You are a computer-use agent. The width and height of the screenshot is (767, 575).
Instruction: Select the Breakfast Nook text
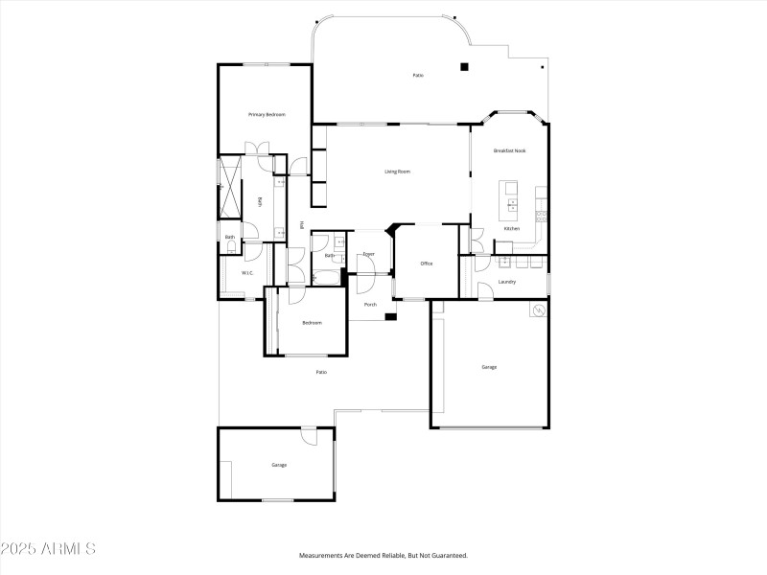(509, 150)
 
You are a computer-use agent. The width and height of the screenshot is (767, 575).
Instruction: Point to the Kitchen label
(512, 229)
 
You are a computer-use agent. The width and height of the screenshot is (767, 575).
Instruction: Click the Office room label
(427, 264)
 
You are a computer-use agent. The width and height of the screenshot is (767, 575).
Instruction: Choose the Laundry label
(507, 282)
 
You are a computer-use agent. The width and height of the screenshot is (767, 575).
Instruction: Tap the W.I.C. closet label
(246, 273)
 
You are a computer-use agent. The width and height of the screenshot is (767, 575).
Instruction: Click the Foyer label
(368, 254)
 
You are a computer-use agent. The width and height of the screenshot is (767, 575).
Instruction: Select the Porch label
(369, 305)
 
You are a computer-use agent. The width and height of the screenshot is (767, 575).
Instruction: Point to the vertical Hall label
(302, 225)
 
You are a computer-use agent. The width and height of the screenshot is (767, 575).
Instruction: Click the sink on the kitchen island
(511, 204)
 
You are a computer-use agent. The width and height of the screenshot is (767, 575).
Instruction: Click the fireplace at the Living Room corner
(390, 230)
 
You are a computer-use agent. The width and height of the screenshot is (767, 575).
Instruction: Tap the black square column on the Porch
(390, 317)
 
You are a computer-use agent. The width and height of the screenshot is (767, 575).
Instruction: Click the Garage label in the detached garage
(279, 465)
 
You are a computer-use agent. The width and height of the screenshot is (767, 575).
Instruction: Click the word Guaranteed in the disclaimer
(448, 556)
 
